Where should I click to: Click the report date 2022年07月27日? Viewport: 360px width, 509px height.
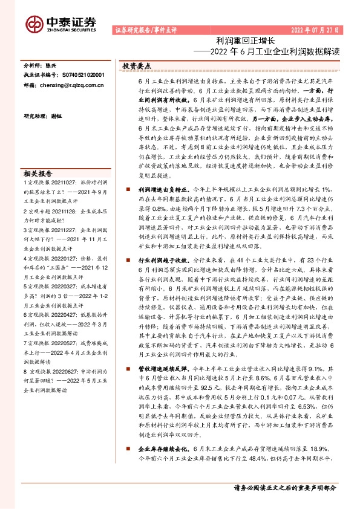click(315, 30)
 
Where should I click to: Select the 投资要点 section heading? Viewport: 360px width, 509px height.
click(137, 66)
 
